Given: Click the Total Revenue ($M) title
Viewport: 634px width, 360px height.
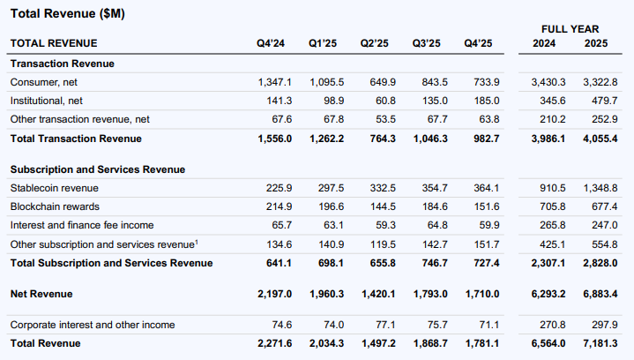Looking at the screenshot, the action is coord(68,14).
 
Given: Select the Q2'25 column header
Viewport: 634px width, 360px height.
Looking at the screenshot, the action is coord(375,43).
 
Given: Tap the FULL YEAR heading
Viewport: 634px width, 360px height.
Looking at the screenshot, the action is coord(571,29).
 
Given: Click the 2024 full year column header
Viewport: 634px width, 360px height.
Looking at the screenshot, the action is coord(544,43).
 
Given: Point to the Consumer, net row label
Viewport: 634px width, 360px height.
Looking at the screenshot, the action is coord(44,82).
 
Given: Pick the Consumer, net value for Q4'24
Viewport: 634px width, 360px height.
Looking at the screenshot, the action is coord(275,82).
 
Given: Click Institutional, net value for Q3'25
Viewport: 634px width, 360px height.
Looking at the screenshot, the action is coord(435,101).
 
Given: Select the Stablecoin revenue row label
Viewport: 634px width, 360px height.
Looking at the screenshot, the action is coord(54,188).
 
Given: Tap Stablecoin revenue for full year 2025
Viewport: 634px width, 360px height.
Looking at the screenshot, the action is coord(600,188).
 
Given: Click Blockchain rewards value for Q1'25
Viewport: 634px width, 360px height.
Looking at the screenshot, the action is coord(332,206).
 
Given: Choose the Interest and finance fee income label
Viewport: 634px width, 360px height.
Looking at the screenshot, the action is coord(82,225).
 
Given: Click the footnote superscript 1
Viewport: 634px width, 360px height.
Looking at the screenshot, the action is coord(197,242).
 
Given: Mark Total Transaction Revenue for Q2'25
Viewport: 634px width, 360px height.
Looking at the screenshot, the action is coord(383,139).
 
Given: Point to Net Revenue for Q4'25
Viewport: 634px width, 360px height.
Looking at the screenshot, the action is coord(482,294).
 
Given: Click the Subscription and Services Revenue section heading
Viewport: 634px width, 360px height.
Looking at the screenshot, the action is coord(98,169).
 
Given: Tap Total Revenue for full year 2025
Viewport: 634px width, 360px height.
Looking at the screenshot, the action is coord(600,343).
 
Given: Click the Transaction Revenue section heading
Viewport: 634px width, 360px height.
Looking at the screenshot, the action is coord(63,64).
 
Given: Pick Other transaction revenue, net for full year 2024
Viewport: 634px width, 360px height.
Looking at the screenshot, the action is coord(553,119).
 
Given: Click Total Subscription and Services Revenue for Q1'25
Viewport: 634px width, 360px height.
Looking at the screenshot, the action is coord(331,263).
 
